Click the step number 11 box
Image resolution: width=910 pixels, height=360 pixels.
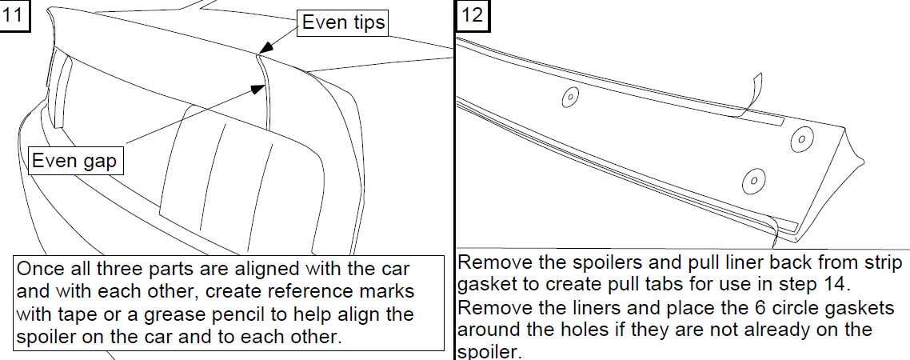coord(13,14)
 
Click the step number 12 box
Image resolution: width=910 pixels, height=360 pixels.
coord(473,14)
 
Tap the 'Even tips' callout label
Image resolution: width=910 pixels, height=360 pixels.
coord(343,22)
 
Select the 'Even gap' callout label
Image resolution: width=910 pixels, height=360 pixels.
coord(74,160)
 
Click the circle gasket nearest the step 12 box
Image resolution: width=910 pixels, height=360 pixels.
coord(570,97)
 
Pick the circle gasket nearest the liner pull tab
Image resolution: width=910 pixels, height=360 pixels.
coord(801,139)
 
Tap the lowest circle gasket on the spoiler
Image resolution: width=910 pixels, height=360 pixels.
coord(753,181)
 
